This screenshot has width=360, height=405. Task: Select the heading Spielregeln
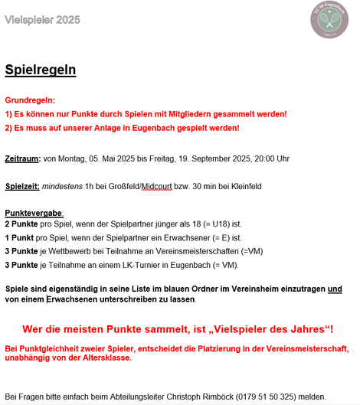[x=40, y=70]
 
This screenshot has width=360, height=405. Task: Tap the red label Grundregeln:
[x=30, y=100]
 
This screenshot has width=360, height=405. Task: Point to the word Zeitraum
[x=22, y=158]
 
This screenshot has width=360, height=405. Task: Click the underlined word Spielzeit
[x=22, y=186]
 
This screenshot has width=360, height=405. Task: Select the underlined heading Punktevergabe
[x=34, y=212]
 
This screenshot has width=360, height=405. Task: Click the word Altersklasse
[x=105, y=358]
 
